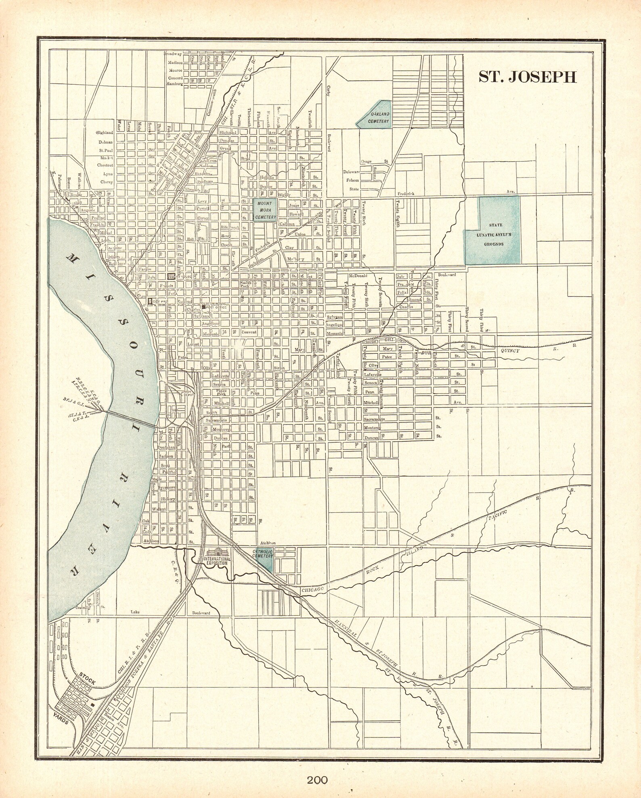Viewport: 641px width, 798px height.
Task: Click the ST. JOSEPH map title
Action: click(x=528, y=77)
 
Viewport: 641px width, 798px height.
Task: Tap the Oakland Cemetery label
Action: click(x=374, y=117)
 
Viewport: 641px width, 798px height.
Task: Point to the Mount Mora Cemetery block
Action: click(x=265, y=210)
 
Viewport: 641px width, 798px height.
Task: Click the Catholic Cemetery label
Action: click(x=264, y=554)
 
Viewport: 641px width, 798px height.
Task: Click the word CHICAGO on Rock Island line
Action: click(x=313, y=589)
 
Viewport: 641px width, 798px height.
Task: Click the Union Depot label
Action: click(x=186, y=393)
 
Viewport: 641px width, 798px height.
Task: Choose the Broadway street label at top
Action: click(x=173, y=54)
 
